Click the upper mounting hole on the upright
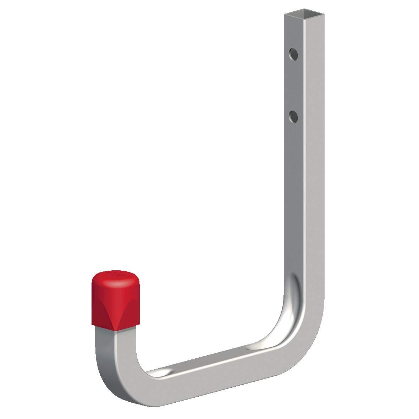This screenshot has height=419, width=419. tap(293, 54)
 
